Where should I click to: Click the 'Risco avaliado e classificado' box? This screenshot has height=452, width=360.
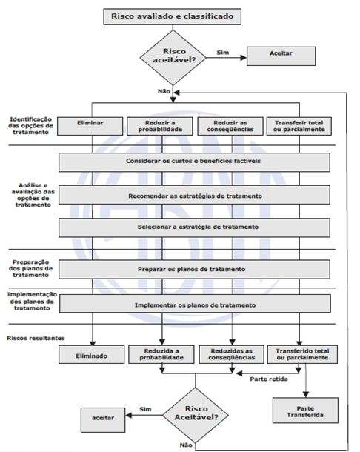(173, 16)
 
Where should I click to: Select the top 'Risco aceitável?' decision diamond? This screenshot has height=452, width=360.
(173, 57)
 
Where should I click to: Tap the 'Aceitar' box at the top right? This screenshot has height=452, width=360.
(281, 56)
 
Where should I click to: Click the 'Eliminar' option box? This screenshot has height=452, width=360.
(90, 126)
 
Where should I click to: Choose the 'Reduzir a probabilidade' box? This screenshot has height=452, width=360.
(160, 126)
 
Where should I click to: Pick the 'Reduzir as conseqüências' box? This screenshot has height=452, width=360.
(230, 126)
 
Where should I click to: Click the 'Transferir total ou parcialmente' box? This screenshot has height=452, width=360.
(299, 126)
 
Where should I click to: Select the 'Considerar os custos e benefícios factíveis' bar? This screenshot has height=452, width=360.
(194, 162)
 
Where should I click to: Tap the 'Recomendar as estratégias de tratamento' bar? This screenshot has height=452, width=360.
(194, 195)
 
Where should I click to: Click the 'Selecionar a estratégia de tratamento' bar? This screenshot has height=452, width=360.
(194, 227)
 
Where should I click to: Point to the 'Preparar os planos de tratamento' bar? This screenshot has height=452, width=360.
(194, 269)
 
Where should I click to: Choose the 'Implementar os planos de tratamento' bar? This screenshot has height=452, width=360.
(195, 304)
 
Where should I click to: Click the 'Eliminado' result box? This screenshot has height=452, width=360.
(92, 355)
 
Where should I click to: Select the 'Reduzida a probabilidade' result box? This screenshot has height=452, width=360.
(161, 355)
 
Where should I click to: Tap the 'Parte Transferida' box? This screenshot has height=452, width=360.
(305, 411)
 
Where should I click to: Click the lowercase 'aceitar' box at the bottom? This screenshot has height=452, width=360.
(103, 420)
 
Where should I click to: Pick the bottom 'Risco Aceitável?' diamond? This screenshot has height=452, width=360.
(196, 416)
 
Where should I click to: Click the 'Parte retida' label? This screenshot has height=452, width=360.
(269, 379)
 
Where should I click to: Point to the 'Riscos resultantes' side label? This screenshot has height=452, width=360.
(36, 338)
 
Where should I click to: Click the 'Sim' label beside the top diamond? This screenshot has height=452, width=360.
(223, 53)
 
